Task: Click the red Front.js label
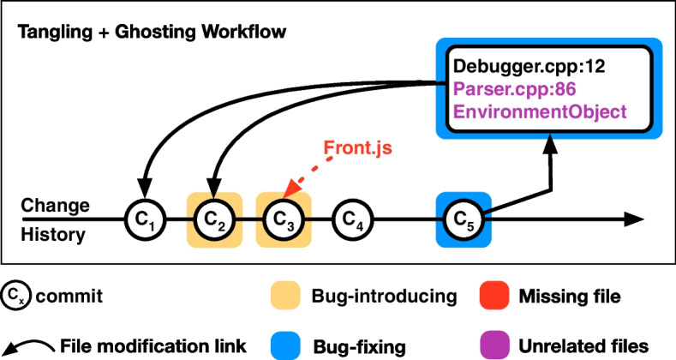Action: click(356, 147)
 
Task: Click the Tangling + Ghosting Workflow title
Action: click(151, 32)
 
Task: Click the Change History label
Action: click(56, 219)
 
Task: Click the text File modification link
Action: click(152, 345)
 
